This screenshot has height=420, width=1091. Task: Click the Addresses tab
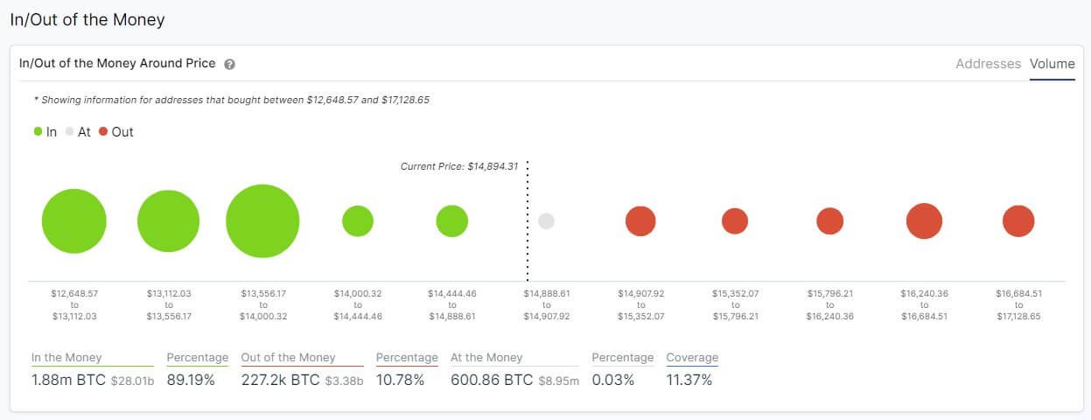(988, 64)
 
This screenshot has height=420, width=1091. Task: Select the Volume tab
(1052, 64)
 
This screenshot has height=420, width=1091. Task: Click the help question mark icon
(229, 65)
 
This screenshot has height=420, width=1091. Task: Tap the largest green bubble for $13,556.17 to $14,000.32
(262, 221)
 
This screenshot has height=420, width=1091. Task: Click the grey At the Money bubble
(546, 221)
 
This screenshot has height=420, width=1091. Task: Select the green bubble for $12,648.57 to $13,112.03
(74, 221)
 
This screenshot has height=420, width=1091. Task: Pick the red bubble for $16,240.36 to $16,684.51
(924, 221)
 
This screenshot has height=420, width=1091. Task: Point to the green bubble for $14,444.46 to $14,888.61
(451, 221)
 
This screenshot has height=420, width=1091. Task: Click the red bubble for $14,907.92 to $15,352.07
(640, 221)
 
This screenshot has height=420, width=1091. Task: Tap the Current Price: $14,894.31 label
(458, 166)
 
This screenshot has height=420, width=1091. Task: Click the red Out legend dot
(103, 132)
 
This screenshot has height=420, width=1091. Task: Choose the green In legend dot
(38, 132)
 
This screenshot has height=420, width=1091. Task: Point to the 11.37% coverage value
(689, 380)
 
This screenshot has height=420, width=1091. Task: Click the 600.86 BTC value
(492, 380)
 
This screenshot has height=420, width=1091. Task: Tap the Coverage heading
(692, 358)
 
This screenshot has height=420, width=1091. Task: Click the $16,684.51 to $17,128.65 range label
(1018, 304)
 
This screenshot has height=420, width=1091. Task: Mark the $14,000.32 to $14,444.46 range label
(358, 304)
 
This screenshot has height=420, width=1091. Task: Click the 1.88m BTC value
(68, 380)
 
